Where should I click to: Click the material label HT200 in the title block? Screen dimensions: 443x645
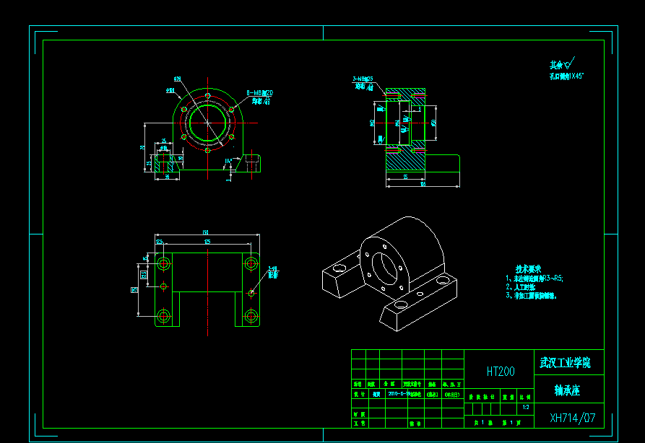501,372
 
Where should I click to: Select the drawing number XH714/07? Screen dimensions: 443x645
573,418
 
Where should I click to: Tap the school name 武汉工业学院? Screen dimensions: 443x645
565,362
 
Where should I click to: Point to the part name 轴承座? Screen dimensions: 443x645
567,390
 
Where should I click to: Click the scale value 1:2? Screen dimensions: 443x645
524,407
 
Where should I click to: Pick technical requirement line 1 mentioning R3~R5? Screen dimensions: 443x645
534,277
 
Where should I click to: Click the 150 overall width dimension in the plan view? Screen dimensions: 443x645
206,232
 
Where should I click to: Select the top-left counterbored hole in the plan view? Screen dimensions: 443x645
164,262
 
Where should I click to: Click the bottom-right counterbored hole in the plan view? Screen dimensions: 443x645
251,316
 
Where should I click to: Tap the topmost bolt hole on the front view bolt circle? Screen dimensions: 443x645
208,96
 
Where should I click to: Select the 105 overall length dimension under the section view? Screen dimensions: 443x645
423,184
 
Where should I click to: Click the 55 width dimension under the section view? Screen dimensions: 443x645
406,176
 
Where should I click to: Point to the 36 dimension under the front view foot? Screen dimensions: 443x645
168,176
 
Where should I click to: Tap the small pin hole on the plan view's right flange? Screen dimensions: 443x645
251,292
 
